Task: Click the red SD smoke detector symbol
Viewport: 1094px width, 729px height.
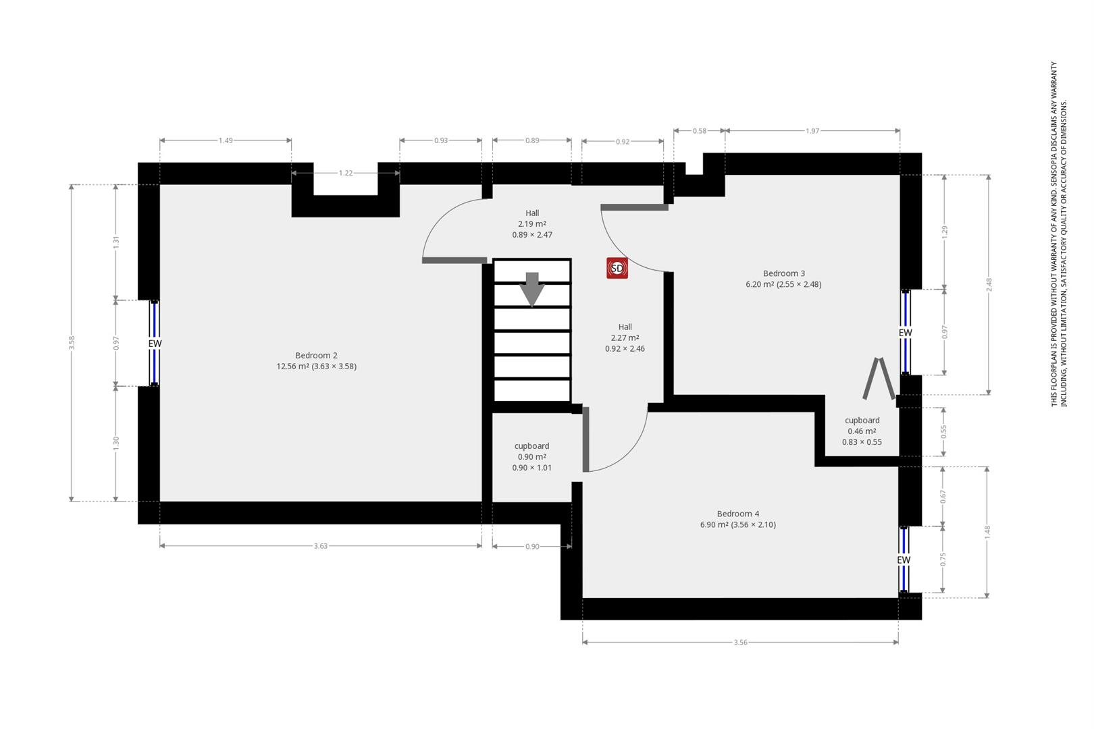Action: tap(617, 268)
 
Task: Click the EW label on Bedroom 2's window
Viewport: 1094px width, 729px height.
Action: tap(155, 344)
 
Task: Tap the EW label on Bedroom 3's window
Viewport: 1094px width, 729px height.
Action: tap(905, 333)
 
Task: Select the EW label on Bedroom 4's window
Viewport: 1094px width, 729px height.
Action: tap(904, 560)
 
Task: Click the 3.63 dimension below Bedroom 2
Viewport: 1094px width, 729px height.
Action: tap(321, 546)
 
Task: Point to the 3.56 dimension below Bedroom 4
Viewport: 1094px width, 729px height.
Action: tap(740, 643)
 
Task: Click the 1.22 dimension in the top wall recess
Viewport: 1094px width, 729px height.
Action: tap(346, 173)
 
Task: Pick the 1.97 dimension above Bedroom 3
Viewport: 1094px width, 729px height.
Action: tap(812, 131)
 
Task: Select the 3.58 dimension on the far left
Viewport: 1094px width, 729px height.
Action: tap(72, 343)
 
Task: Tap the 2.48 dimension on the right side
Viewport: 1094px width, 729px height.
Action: tap(989, 285)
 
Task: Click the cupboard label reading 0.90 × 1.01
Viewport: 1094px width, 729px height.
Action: tap(531, 457)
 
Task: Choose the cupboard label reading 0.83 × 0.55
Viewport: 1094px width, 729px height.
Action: tap(862, 431)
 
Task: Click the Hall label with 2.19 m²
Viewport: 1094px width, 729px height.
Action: tap(532, 224)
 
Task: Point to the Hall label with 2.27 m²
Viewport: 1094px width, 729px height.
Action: tap(625, 337)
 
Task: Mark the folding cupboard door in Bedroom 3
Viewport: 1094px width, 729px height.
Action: tap(879, 378)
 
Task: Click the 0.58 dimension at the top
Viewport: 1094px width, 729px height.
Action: tap(700, 131)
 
